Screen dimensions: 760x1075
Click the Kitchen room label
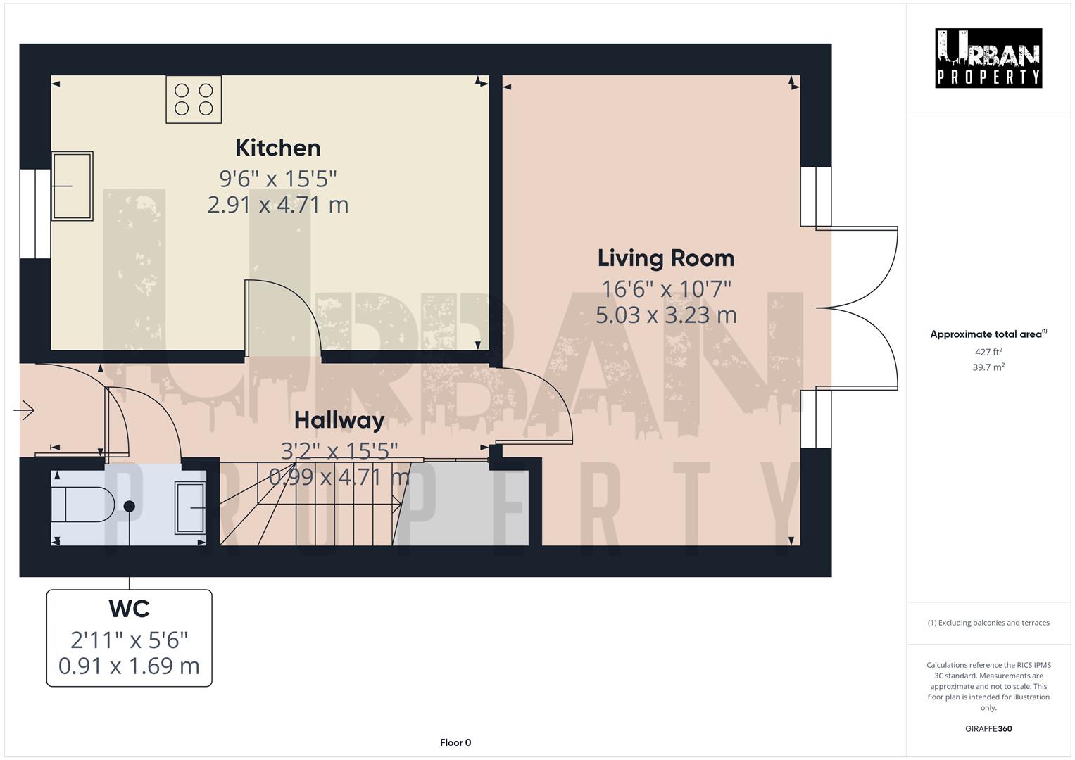click(x=277, y=148)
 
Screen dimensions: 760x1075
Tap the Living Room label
click(x=665, y=258)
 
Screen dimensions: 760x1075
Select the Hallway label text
click(x=339, y=420)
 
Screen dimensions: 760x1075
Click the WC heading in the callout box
click(x=130, y=608)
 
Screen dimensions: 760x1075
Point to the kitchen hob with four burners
click(x=194, y=99)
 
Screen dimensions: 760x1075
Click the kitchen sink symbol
click(x=72, y=186)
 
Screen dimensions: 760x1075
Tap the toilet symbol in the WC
click(x=83, y=504)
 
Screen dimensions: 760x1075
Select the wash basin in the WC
click(x=190, y=507)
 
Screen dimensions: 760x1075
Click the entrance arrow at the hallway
click(x=25, y=410)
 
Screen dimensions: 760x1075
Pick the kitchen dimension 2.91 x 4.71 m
click(x=277, y=205)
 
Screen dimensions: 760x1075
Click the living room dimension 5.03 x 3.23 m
click(x=665, y=315)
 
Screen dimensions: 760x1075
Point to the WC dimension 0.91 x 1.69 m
click(x=130, y=666)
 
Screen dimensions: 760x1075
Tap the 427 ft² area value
click(x=988, y=352)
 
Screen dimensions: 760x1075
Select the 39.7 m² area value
click(x=988, y=367)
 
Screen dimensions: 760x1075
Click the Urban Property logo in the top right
click(x=988, y=58)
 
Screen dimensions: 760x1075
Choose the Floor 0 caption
click(x=455, y=742)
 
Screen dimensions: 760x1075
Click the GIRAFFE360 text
click(x=988, y=728)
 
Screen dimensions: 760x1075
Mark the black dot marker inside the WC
click(x=130, y=506)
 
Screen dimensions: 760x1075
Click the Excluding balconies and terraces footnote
click(x=988, y=623)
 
